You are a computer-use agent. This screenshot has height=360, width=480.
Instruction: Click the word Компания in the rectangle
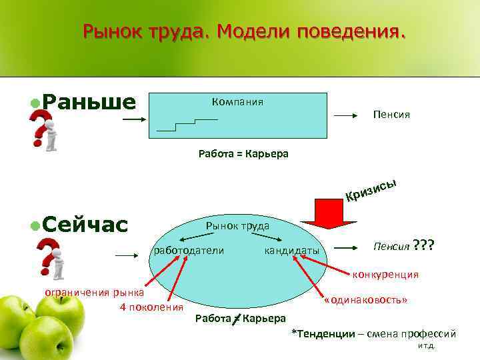click(x=237, y=102)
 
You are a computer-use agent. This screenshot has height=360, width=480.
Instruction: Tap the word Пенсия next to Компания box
click(x=391, y=115)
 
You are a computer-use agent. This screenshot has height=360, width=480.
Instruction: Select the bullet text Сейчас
click(x=84, y=225)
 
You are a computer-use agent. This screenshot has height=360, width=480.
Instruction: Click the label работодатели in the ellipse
click(x=189, y=250)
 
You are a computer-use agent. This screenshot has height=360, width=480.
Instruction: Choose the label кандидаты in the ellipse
click(x=291, y=250)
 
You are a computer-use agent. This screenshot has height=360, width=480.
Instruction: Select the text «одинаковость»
click(x=365, y=299)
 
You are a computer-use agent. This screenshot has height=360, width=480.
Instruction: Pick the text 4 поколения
click(x=151, y=307)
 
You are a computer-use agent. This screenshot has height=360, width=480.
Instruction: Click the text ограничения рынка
click(x=93, y=291)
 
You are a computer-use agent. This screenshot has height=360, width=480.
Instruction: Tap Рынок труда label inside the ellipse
click(x=237, y=226)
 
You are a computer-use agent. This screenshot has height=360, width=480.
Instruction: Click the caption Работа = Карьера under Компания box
click(x=243, y=154)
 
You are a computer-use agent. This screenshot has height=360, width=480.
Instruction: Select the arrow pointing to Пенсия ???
click(x=347, y=247)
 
